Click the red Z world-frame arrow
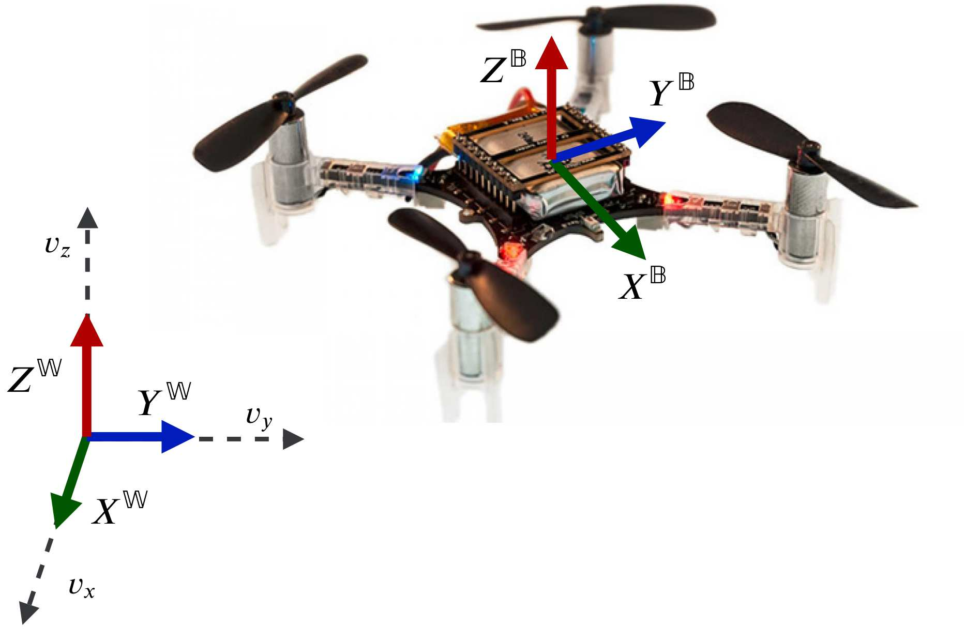tap(87, 377)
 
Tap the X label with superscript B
tap(642, 284)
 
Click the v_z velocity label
tap(57, 245)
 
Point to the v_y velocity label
tap(259, 417)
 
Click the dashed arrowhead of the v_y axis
tap(293, 439)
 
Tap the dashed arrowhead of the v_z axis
tap(87, 218)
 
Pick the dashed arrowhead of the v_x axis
tap(28, 612)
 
